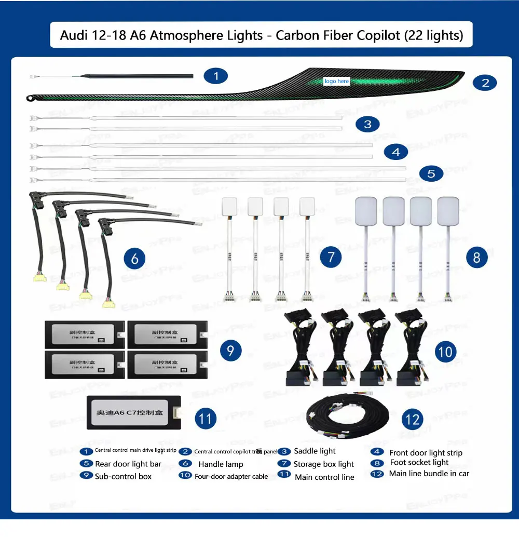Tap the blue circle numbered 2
click(x=485, y=82)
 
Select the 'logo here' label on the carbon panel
click(x=337, y=81)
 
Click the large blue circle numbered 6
click(x=134, y=258)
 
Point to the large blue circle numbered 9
click(x=230, y=351)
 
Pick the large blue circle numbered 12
click(x=413, y=419)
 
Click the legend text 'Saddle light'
click(x=315, y=451)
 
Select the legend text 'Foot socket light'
click(x=419, y=462)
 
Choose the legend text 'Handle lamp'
click(x=221, y=464)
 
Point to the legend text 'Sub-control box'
click(x=123, y=476)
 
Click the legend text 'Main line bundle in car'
click(x=429, y=473)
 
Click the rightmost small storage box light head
click(x=307, y=206)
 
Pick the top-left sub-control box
click(x=85, y=333)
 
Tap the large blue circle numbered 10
click(x=445, y=352)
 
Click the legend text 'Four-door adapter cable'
click(x=231, y=476)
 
